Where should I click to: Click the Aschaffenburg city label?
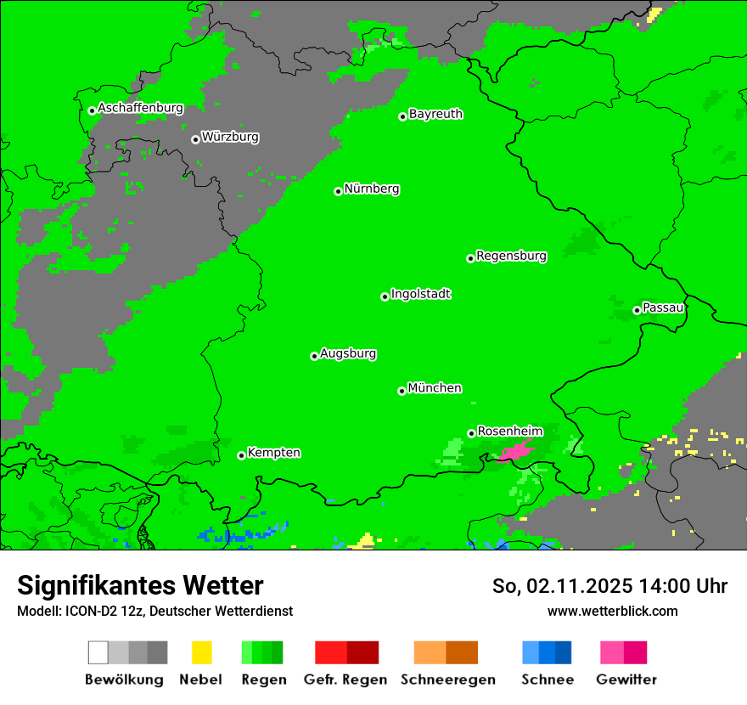tap(140, 109)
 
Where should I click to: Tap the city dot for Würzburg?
tap(195, 139)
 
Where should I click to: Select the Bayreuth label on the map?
tap(435, 114)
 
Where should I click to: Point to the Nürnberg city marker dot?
tap(338, 191)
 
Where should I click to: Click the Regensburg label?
tap(511, 256)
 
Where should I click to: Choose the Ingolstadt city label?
tap(421, 294)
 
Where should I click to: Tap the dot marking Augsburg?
tap(314, 356)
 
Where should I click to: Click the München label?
tap(435, 388)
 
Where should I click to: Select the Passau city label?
tap(663, 307)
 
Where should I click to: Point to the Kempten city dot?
tap(241, 455)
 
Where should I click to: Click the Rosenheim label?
tap(509, 431)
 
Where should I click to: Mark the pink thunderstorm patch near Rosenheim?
tap(516, 450)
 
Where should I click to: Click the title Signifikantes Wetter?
tap(140, 585)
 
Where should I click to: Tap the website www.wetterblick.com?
tap(612, 611)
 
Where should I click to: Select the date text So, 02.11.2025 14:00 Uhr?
tap(609, 586)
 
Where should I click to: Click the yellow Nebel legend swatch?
tap(201, 652)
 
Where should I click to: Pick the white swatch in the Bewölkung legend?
tap(98, 652)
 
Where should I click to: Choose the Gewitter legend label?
tap(626, 680)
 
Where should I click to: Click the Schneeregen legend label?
tap(447, 680)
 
